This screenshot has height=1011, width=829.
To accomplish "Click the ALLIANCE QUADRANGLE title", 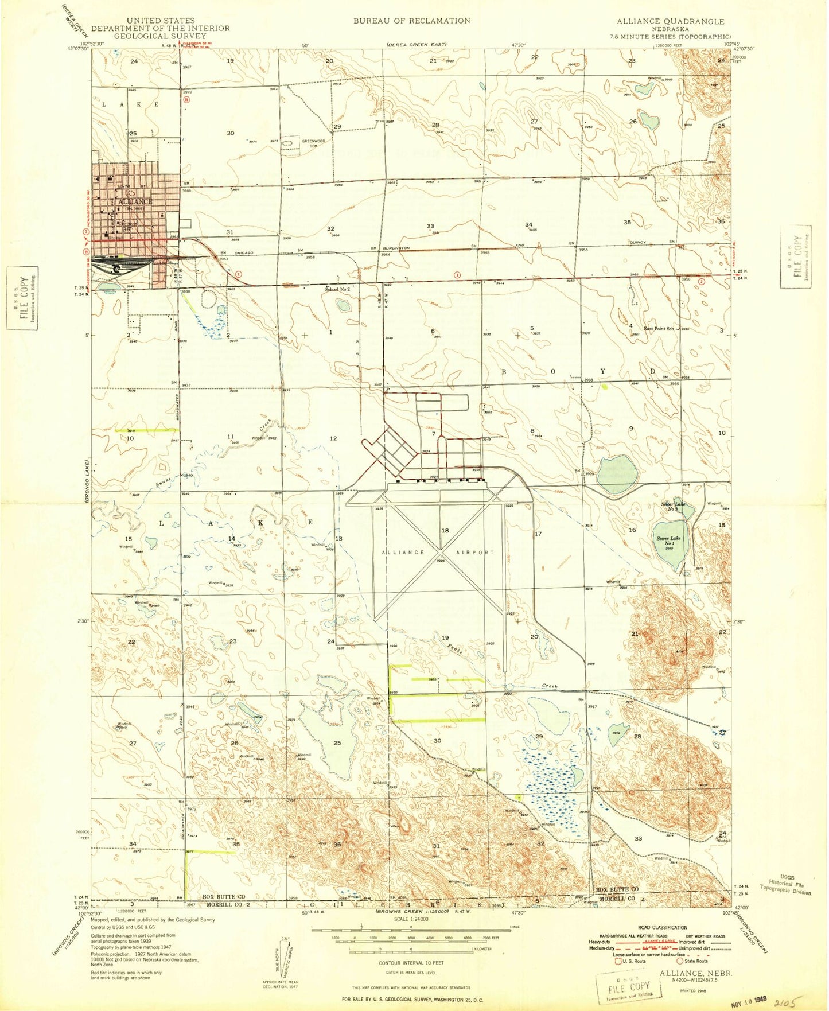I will tap(670, 21).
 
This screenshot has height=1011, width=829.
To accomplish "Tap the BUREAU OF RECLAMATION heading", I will tap(411, 21).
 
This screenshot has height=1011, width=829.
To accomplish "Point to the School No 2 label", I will tap(337, 289).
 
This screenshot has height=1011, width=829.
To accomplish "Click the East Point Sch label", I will tap(659, 329).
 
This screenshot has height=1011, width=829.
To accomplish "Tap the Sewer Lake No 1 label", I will tap(668, 541).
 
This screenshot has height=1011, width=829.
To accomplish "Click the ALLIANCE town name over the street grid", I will tap(135, 202).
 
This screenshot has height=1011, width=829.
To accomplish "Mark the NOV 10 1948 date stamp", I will tap(749, 1000).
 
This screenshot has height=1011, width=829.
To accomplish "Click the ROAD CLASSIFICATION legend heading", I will tap(662, 927).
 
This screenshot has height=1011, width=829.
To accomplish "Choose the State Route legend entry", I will tap(693, 961).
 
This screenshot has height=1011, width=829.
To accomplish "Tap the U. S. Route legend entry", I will tap(630, 961).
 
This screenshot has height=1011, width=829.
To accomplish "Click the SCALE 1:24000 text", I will tap(411, 919).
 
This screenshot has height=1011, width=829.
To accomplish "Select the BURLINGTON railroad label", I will tap(396, 248).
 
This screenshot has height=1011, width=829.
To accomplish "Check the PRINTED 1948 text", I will tap(696, 990).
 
